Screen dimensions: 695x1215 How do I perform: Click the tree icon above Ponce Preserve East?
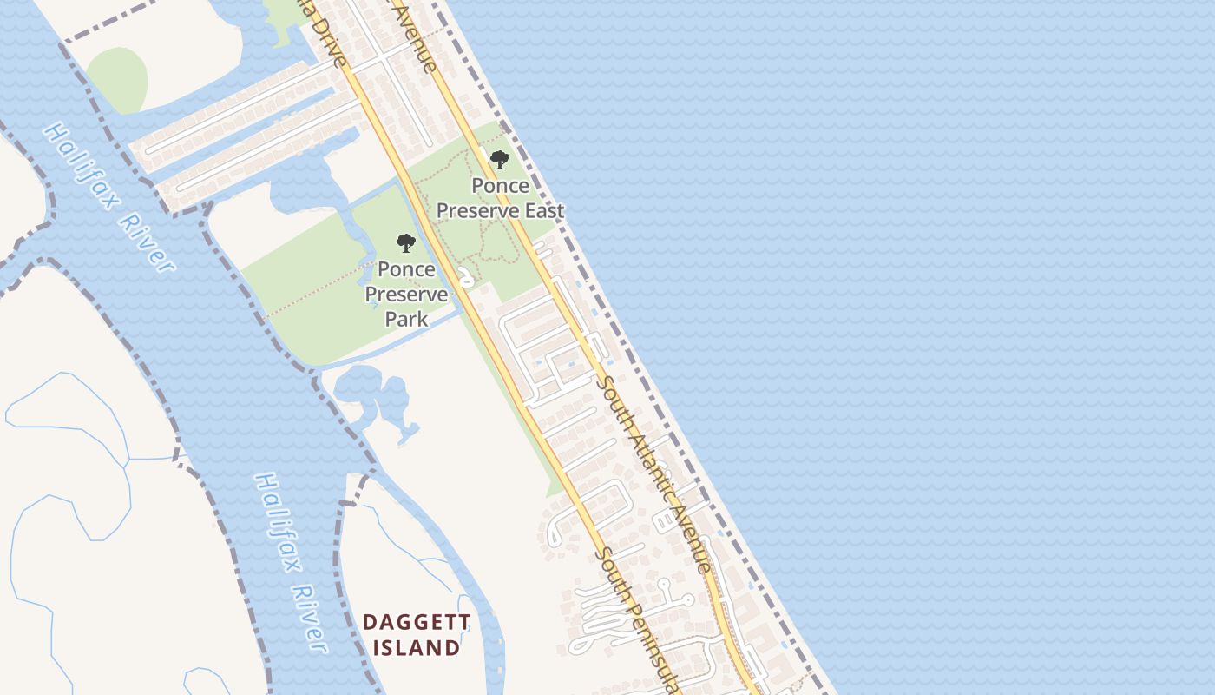(x=499, y=160)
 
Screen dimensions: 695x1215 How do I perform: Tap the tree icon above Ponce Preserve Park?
(x=405, y=243)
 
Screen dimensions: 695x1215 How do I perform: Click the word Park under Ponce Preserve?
(x=406, y=319)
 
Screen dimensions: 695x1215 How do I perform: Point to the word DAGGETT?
(x=417, y=622)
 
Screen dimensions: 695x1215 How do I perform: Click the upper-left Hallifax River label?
(x=108, y=197)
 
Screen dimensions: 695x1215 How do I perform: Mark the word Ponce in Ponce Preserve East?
(x=500, y=186)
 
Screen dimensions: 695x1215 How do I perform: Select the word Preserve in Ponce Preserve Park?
(x=406, y=295)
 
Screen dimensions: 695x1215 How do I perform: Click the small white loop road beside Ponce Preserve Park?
(x=466, y=277)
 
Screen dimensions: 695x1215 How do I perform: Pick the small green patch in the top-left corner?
(x=116, y=80)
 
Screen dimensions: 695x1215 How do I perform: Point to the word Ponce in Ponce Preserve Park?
(x=406, y=269)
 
